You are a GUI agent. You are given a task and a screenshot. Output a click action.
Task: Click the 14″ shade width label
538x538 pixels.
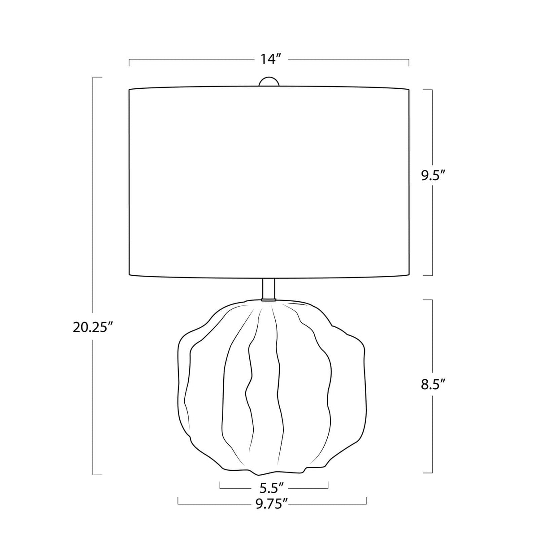pyautogui.click(x=270, y=59)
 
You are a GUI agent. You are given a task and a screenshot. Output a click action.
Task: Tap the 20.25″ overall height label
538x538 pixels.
pyautogui.click(x=90, y=327)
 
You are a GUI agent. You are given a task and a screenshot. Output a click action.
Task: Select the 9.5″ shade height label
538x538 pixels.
pyautogui.click(x=433, y=176)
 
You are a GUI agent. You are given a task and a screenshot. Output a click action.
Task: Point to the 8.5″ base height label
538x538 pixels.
pyautogui.click(x=433, y=385)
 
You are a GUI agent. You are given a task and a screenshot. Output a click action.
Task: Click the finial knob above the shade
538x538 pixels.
pyautogui.click(x=269, y=82)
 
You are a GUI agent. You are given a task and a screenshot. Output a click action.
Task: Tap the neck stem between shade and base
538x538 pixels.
pyautogui.click(x=269, y=289)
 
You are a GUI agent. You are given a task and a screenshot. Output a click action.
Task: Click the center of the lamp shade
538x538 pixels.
pyautogui.click(x=269, y=182)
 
